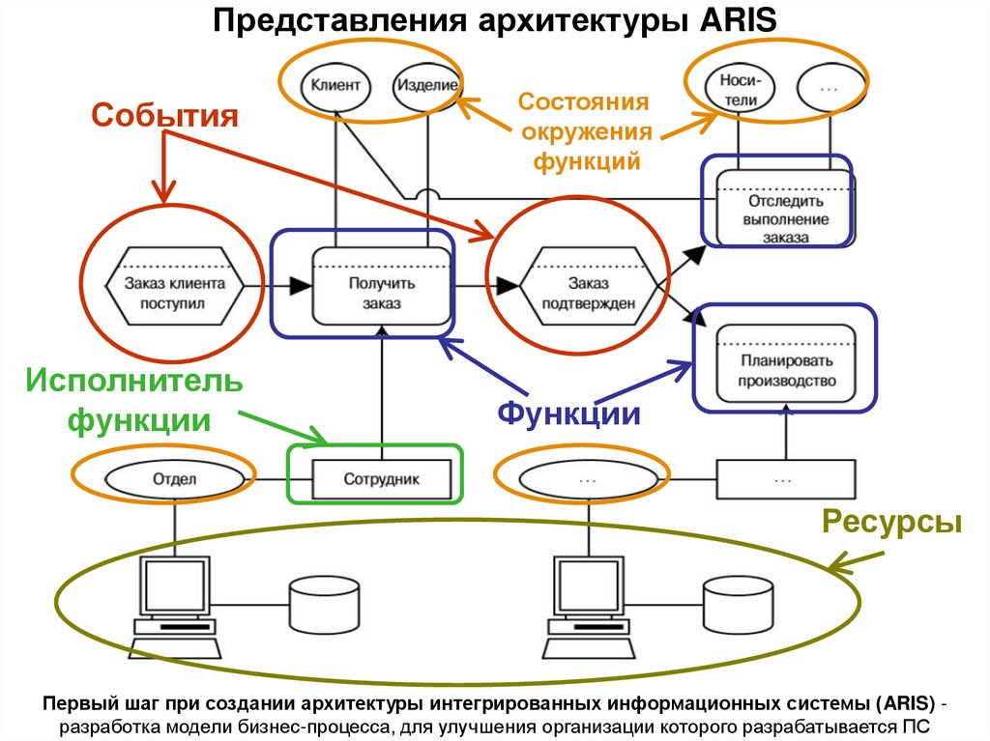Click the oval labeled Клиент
click(x=335, y=85)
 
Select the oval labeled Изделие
click(x=425, y=85)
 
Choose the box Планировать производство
click(x=786, y=364)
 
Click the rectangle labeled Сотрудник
click(x=383, y=478)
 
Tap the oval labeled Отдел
click(x=175, y=478)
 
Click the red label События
click(x=164, y=116)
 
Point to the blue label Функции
click(x=569, y=413)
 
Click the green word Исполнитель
click(x=134, y=380)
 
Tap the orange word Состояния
click(x=583, y=102)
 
